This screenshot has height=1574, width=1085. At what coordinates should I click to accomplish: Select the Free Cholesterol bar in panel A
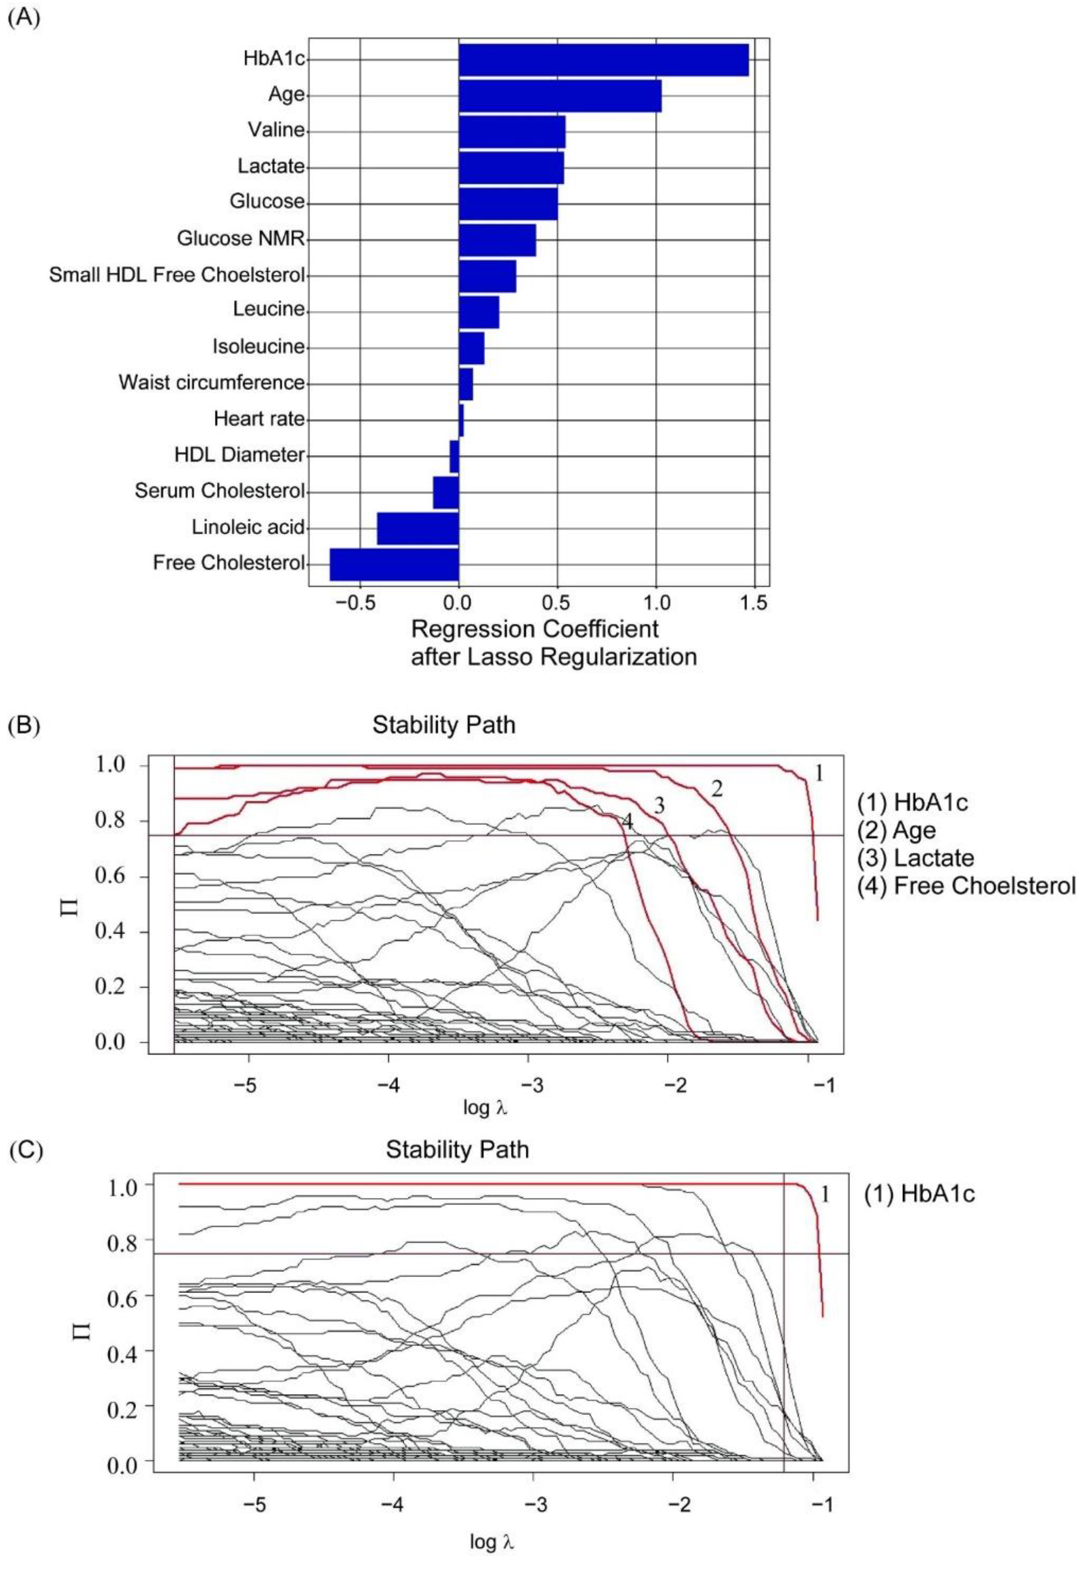coord(394,564)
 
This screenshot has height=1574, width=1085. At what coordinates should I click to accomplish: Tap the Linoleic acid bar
coord(418,528)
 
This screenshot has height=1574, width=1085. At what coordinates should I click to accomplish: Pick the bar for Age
coord(560,95)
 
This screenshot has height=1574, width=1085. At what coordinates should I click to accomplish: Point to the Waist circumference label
coord(211,383)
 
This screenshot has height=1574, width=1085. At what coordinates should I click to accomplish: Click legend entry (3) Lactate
coord(915,858)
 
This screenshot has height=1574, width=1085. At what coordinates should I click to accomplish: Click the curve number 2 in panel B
coord(717,789)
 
